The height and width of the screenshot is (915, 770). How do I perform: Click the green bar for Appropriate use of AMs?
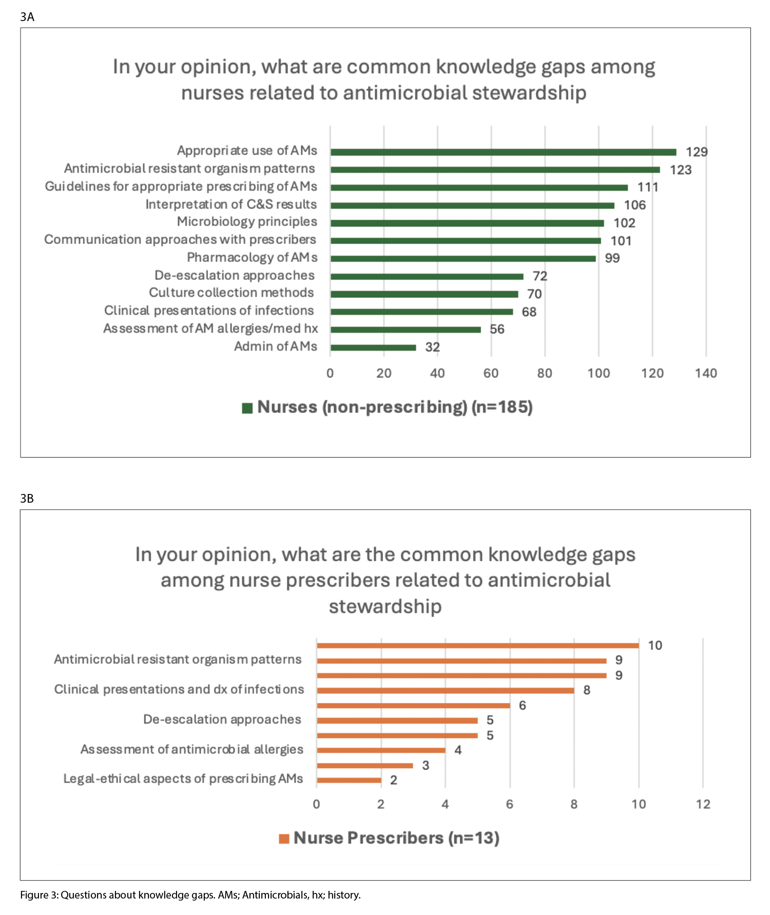click(x=503, y=152)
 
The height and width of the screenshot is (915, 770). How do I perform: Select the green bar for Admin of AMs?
click(x=373, y=348)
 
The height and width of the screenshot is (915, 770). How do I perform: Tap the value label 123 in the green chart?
click(x=681, y=170)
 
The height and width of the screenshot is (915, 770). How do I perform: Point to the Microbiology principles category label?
click(x=247, y=222)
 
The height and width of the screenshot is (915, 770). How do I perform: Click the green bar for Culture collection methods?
click(x=424, y=294)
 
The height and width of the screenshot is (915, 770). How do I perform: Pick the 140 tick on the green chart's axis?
click(x=706, y=373)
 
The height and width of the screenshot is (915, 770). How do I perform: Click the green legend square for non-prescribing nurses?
click(x=247, y=408)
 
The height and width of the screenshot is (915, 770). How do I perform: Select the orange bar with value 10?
click(x=477, y=645)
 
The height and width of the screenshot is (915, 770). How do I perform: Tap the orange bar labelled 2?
click(x=349, y=780)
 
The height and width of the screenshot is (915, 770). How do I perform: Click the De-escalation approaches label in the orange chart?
click(x=222, y=719)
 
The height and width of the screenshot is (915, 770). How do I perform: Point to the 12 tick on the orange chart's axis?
click(x=703, y=804)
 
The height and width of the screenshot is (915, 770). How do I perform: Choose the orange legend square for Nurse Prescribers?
click(x=284, y=838)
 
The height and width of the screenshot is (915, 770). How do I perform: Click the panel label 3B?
click(x=27, y=499)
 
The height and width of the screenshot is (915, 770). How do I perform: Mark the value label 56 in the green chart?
click(x=497, y=329)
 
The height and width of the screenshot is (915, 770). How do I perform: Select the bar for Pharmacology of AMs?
click(x=463, y=259)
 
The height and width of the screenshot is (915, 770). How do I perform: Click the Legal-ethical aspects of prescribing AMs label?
click(x=183, y=779)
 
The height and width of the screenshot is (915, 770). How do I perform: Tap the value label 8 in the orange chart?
click(x=587, y=690)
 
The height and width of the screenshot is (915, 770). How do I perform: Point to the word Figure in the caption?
click(x=34, y=895)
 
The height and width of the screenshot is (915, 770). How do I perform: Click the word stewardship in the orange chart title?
click(x=385, y=606)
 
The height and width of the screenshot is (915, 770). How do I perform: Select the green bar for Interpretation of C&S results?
click(x=472, y=205)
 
